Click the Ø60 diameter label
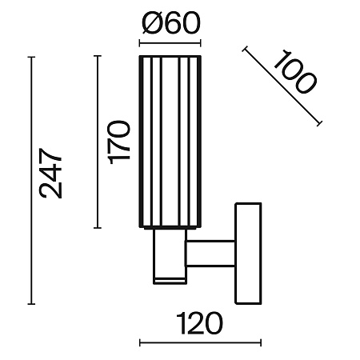point(170,23)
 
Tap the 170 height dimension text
point(118,142)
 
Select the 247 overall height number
point(50,174)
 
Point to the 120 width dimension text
point(199,323)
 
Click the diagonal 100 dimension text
point(294,72)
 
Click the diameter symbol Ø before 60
point(152,23)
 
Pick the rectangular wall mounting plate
point(248,254)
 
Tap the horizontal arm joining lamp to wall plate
point(210,254)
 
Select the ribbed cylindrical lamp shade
point(170,142)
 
